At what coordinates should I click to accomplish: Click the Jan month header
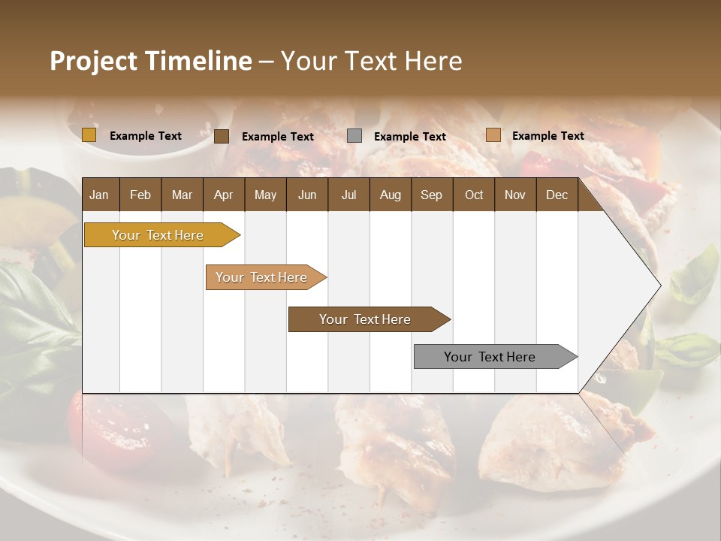99,195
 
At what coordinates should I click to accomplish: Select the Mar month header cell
182,195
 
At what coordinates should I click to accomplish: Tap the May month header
265,195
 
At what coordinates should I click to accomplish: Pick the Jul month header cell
348,195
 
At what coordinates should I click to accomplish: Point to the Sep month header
431,195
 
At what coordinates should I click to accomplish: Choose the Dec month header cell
557,195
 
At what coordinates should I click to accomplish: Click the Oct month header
474,195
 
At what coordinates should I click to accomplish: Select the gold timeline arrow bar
158,235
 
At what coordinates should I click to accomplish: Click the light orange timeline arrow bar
262,277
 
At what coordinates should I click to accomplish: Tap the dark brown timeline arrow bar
365,319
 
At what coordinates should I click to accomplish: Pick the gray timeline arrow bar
490,357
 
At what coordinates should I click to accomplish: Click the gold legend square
89,135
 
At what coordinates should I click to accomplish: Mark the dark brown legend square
222,136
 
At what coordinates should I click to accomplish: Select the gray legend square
354,136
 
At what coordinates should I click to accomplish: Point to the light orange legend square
493,135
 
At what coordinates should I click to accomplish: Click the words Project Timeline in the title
150,61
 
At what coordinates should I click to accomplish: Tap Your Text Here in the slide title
371,61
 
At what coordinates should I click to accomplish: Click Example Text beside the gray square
410,137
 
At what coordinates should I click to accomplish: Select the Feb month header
140,195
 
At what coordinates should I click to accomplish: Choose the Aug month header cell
390,195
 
